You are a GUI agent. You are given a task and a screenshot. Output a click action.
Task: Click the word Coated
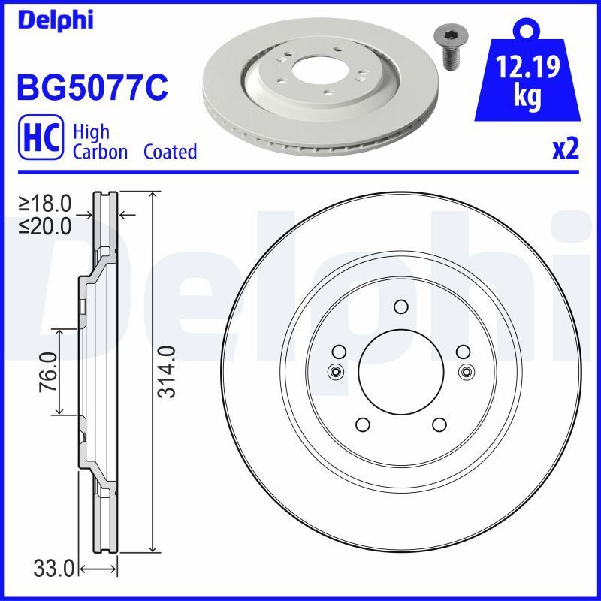[x=170, y=152]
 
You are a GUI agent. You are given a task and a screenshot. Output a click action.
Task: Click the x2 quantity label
[x=565, y=149]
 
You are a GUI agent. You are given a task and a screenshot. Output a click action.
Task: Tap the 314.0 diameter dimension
[x=166, y=371]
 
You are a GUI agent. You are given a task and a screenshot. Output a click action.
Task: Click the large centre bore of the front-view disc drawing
[x=400, y=370]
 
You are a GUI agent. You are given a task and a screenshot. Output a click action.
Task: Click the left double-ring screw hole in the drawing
[x=335, y=370]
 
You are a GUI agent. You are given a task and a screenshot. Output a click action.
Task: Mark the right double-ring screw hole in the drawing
[x=467, y=370]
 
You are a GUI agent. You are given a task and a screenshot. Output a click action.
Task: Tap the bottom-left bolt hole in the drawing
[x=362, y=424]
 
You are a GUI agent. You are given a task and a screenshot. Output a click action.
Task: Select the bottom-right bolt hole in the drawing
[x=439, y=424]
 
